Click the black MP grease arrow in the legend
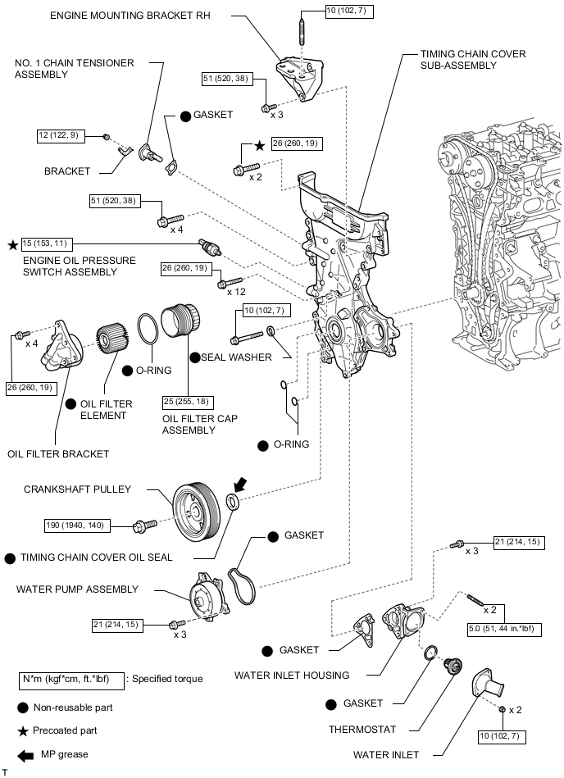click(x=25, y=754)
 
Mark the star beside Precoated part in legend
click(x=23, y=730)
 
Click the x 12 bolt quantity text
click(x=237, y=293)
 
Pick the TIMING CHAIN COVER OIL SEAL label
click(x=97, y=557)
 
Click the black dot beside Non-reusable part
click(x=23, y=707)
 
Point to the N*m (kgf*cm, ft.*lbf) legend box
click(x=71, y=679)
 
